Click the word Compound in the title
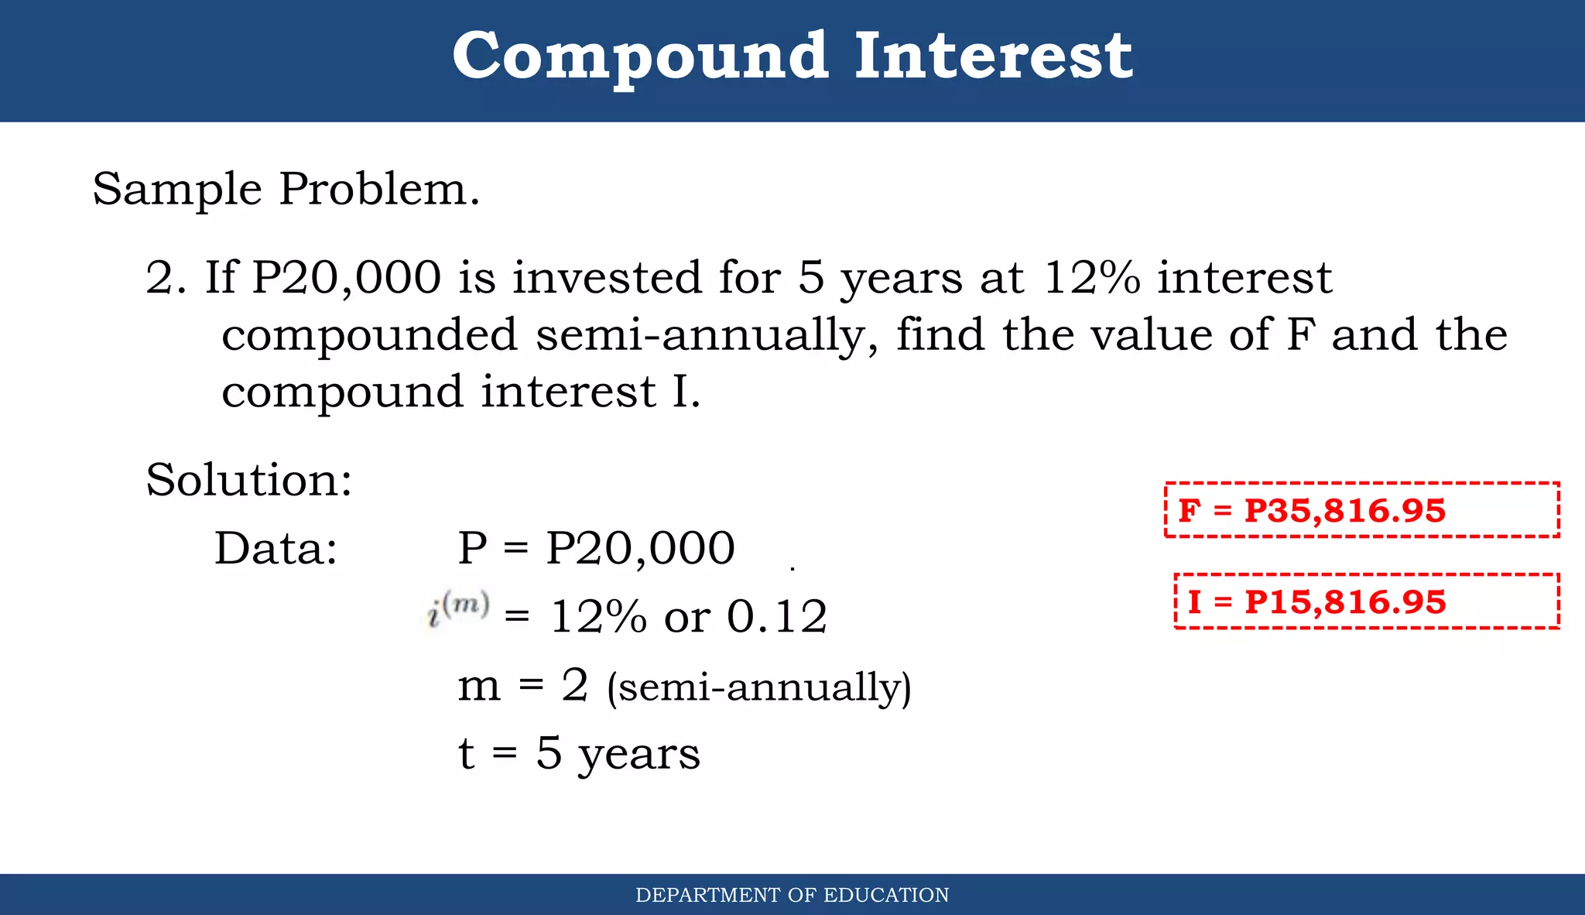(640, 57)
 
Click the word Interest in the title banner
(993, 57)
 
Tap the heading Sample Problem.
(286, 189)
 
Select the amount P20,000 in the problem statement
(347, 278)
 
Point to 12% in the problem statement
(1091, 278)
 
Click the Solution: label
(249, 480)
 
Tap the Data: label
(276, 549)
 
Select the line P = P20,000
(596, 549)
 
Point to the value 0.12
(777, 617)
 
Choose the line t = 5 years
(579, 753)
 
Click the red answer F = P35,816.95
(1312, 511)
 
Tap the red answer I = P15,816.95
(1316, 602)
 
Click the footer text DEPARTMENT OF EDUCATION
(792, 896)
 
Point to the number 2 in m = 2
(575, 685)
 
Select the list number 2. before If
(166, 278)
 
